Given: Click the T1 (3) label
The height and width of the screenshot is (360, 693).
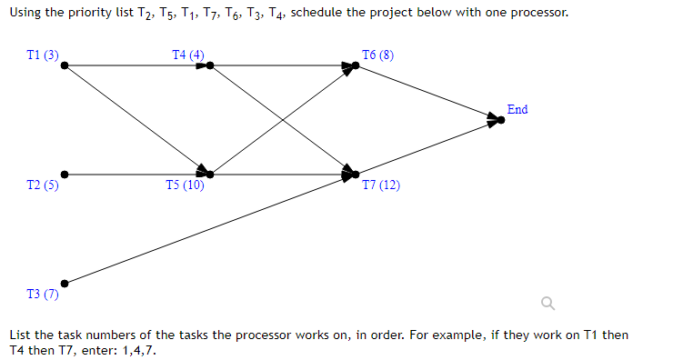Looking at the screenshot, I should (43, 55).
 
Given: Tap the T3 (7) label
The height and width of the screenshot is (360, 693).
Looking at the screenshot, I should (43, 295).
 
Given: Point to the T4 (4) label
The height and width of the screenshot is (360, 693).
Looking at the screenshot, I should (188, 55).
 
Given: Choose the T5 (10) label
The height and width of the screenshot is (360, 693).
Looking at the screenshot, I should (186, 185).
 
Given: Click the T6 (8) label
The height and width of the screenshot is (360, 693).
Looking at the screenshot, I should (377, 55).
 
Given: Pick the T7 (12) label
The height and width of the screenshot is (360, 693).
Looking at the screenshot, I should (380, 185).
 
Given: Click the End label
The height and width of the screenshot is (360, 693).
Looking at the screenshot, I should (517, 109).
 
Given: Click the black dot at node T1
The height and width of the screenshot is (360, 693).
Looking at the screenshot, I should (64, 65).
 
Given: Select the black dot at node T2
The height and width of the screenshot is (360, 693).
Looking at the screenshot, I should (64, 174).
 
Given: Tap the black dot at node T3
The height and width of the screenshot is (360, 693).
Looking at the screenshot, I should (64, 283).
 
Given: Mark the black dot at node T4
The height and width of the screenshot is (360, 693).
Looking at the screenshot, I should (210, 65).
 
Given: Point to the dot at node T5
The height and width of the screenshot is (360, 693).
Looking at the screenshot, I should (210, 174).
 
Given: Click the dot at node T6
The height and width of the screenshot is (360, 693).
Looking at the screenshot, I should (356, 65).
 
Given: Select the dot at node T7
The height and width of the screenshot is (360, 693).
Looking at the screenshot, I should (356, 174).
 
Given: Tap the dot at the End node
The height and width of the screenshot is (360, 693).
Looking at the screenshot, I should (501, 119).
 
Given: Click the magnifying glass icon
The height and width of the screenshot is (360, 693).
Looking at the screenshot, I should (547, 303).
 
